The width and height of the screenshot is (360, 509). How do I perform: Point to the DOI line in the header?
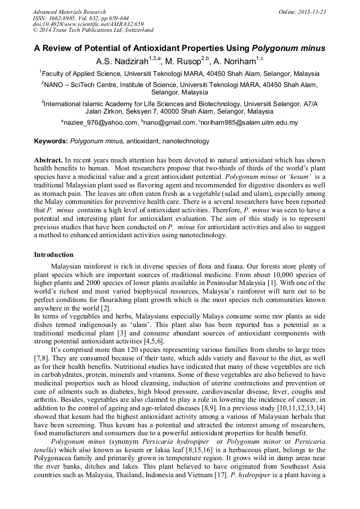[88, 24]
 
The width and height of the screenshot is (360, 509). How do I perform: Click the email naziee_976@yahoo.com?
[100, 123]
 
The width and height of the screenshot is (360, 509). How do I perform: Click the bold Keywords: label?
[51, 141]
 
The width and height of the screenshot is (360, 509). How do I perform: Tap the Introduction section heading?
[54, 255]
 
